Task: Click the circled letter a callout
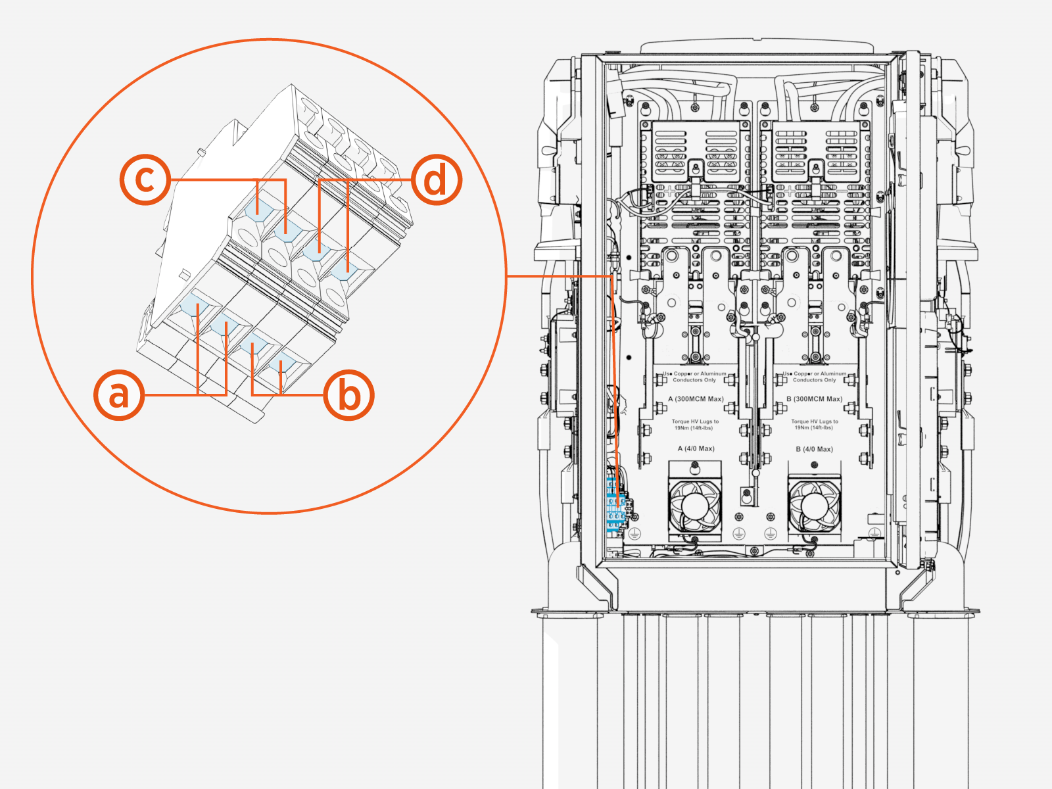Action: [x=119, y=395]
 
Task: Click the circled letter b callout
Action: [x=349, y=395]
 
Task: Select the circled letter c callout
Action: [x=145, y=179]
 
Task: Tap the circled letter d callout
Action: [x=437, y=179]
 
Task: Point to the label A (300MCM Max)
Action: [x=696, y=399]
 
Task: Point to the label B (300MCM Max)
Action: [x=814, y=399]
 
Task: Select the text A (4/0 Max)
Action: [x=696, y=448]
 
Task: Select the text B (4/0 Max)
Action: [x=814, y=449]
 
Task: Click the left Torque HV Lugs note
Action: [x=695, y=425]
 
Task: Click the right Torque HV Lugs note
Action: [x=814, y=425]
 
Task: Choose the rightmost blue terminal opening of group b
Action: [x=284, y=364]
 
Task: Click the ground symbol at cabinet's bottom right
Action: [x=874, y=533]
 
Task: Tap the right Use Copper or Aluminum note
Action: [x=814, y=377]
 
